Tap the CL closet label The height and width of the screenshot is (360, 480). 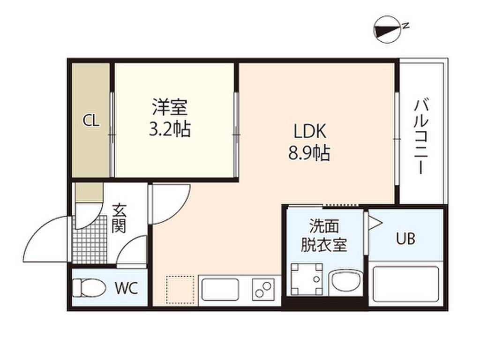click(x=91, y=121)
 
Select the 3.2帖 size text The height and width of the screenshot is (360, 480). click(x=170, y=129)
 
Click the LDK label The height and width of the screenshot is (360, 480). click(x=310, y=131)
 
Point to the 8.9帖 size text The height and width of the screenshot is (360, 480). click(x=309, y=153)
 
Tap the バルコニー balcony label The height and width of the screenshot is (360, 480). click(x=421, y=136)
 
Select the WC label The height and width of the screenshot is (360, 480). click(x=126, y=288)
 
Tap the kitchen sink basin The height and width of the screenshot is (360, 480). click(x=220, y=290)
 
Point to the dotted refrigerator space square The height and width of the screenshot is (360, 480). click(x=180, y=290)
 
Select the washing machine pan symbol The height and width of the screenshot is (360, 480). click(x=307, y=279)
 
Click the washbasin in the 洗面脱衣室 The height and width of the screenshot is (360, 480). click(x=345, y=282)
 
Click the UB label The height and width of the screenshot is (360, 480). click(x=405, y=238)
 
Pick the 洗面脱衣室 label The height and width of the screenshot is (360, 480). click(x=324, y=236)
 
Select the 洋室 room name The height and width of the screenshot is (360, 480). click(x=170, y=107)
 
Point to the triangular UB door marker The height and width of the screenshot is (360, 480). click(x=375, y=223)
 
